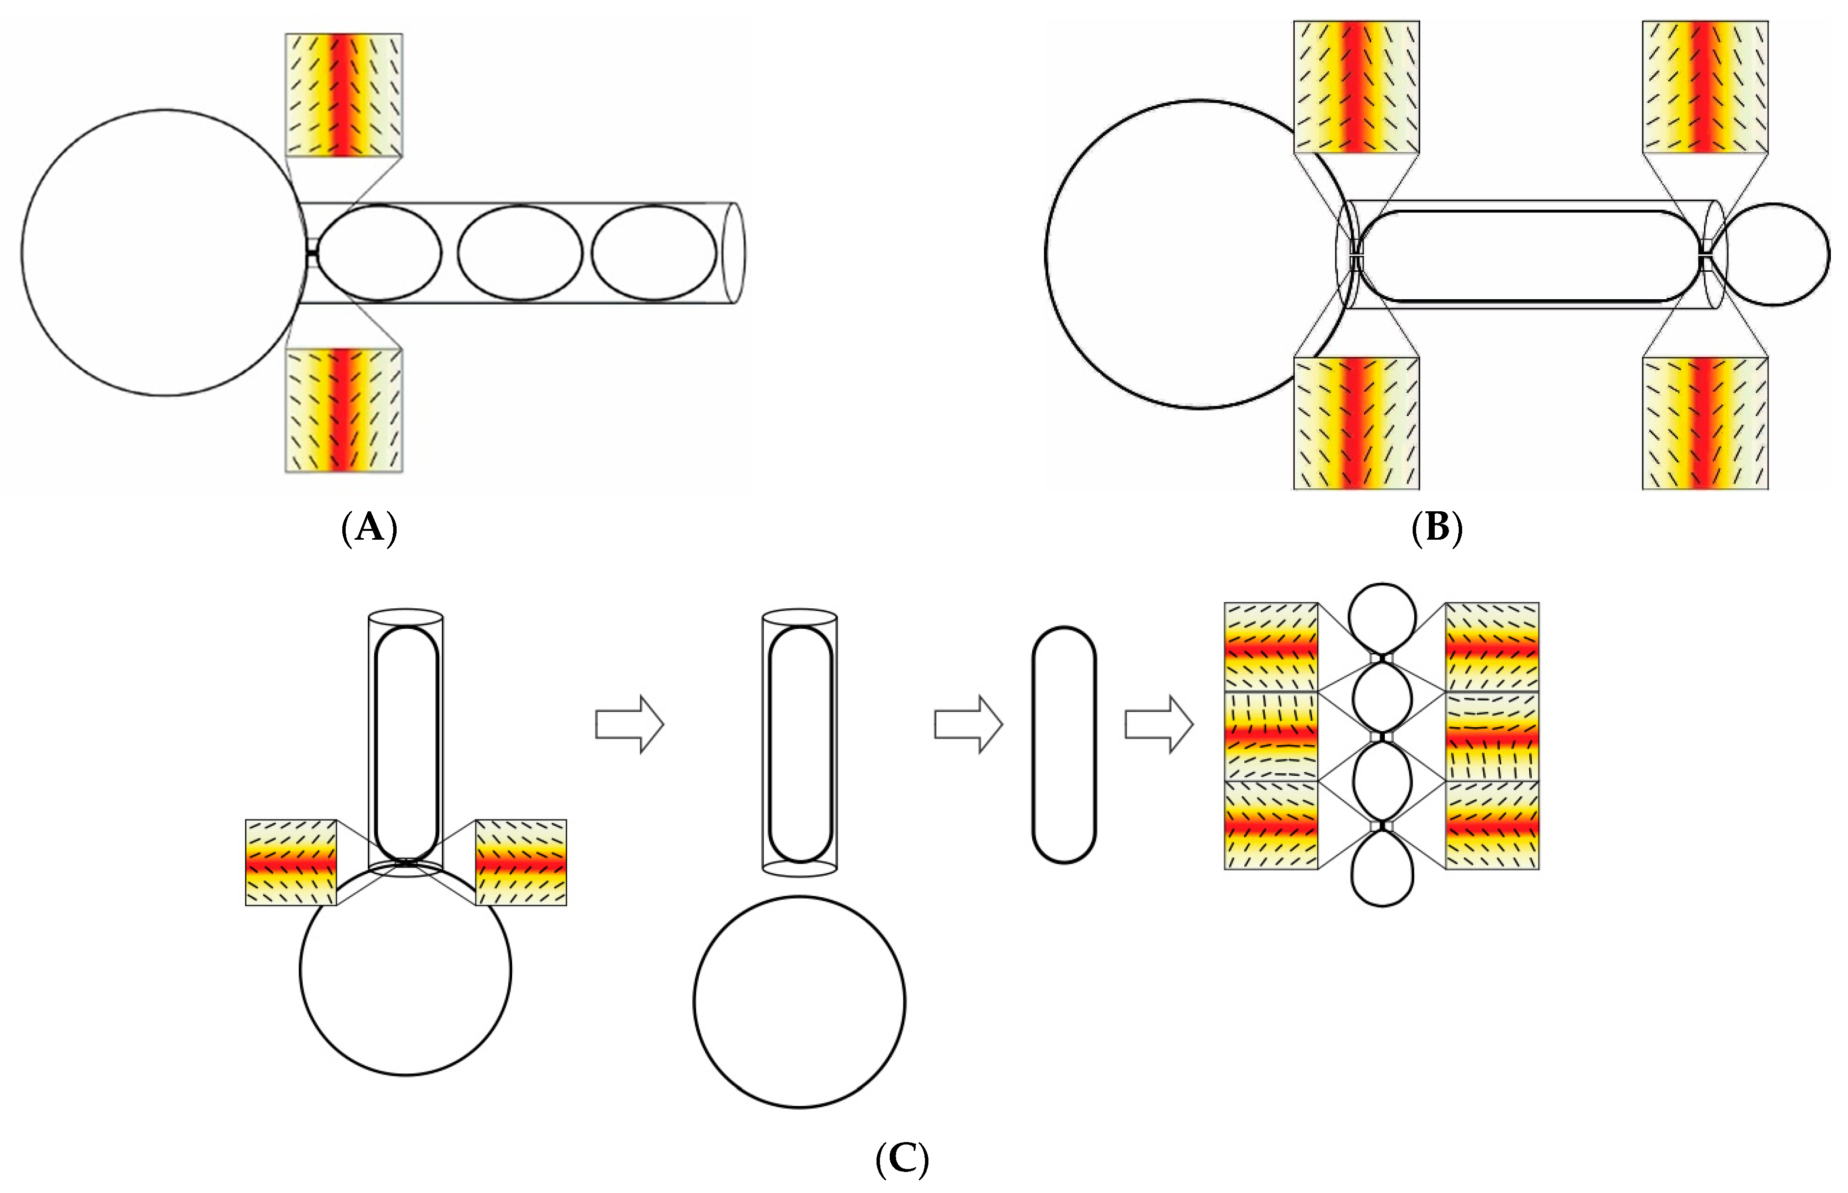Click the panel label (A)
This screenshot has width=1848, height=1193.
(x=369, y=528)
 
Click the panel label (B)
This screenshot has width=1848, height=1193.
(x=1437, y=528)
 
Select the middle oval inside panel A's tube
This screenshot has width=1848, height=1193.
(x=520, y=253)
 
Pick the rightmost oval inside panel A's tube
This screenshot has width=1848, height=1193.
(x=655, y=253)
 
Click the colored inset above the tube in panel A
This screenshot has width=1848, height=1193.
(x=344, y=95)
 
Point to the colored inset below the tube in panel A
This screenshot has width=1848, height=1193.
(x=344, y=410)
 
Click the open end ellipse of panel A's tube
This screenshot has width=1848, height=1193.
(x=734, y=253)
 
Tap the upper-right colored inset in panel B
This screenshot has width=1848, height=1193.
(x=1705, y=87)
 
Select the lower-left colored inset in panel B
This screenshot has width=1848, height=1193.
(x=1356, y=423)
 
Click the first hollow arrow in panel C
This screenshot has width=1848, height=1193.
(x=629, y=723)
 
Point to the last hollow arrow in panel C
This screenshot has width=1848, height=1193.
(x=1159, y=723)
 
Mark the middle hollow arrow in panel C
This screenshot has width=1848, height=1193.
(x=968, y=723)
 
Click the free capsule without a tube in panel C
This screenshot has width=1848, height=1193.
(x=1064, y=744)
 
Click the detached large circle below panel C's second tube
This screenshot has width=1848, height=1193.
(x=799, y=1002)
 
